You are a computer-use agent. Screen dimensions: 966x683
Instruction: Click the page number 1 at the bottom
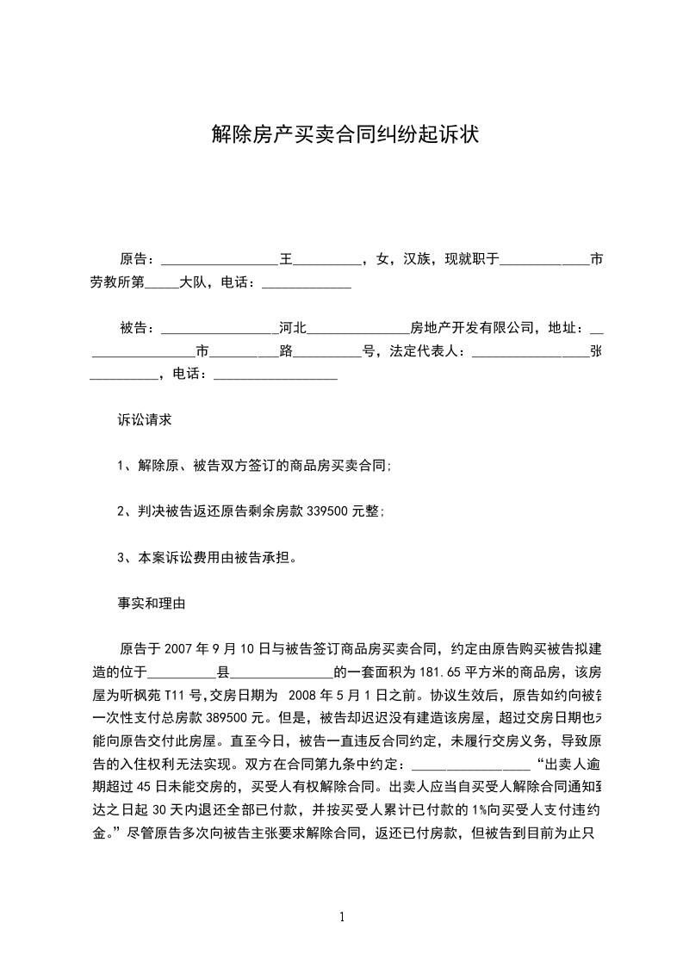point(342,917)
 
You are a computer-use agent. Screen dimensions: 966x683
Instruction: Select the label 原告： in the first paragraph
point(138,259)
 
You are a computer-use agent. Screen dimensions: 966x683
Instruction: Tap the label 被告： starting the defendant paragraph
point(138,328)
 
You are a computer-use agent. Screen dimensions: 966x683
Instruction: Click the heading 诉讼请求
point(145,420)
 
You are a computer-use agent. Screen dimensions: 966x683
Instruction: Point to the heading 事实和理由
point(151,604)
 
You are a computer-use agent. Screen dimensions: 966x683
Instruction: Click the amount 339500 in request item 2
point(326,511)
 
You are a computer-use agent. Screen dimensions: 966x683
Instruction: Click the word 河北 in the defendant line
point(294,328)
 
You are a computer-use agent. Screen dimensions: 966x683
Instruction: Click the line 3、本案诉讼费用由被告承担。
point(208,557)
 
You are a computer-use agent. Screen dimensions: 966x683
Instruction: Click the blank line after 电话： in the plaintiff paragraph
point(306,283)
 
